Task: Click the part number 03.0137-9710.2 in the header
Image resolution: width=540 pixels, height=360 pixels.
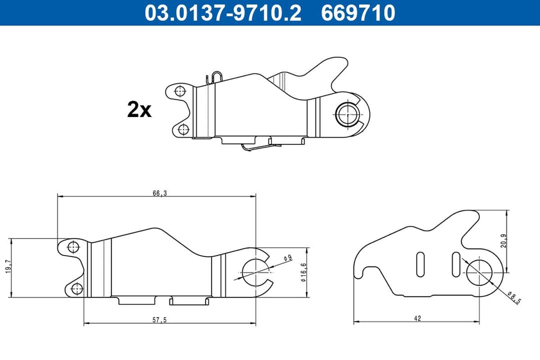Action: pyautogui.click(x=223, y=12)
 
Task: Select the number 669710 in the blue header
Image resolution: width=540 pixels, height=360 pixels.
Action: pyautogui.click(x=358, y=12)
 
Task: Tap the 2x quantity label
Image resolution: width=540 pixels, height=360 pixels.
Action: pyautogui.click(x=139, y=109)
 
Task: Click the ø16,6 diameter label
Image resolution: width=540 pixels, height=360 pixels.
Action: pyautogui.click(x=303, y=272)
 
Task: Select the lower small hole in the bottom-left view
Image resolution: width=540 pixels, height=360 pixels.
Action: pyautogui.click(x=76, y=288)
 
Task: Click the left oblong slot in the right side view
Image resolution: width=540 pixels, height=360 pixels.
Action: pyautogui.click(x=420, y=264)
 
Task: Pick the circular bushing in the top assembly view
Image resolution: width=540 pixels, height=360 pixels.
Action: pyautogui.click(x=347, y=113)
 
